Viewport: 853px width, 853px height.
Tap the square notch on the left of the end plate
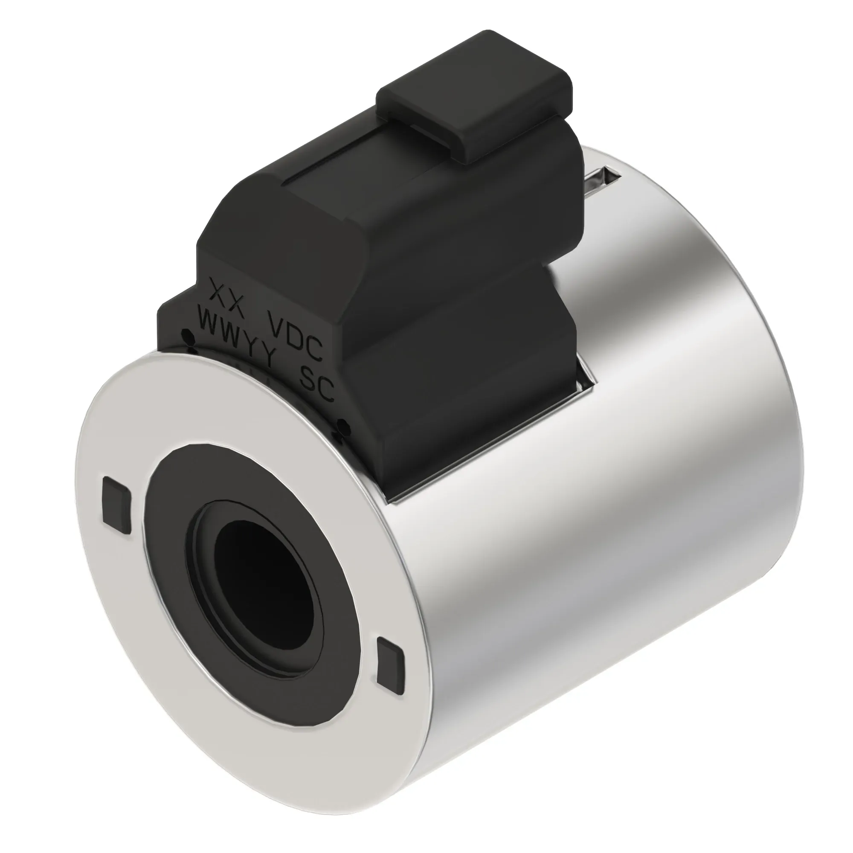[116, 505]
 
